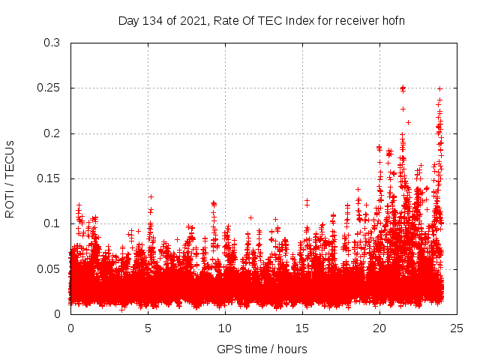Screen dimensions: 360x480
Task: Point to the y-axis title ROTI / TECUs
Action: [x=10, y=178]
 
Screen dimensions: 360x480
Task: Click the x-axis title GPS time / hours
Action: [x=262, y=349]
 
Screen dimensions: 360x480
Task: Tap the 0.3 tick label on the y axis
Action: [x=52, y=43]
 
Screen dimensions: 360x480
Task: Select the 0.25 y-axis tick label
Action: [x=49, y=88]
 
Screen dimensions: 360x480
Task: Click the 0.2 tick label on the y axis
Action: [x=52, y=133]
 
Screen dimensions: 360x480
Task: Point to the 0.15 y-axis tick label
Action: [x=49, y=178]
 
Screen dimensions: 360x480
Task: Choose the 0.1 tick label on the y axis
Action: [x=52, y=223]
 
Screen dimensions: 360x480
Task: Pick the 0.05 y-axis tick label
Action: [x=49, y=268]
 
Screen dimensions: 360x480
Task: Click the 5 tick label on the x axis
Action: [x=148, y=328]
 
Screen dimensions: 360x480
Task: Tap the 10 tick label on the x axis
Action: [x=225, y=328]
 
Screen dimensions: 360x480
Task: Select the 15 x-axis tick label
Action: [x=302, y=328]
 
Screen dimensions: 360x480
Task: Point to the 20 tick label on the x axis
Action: [x=379, y=328]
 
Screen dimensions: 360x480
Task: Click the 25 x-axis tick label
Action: [x=457, y=328]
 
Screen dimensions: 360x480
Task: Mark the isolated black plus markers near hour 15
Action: [x=307, y=202]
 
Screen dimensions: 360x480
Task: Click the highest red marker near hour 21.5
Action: [x=403, y=88]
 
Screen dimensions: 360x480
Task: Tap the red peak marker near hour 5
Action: [x=151, y=196]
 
